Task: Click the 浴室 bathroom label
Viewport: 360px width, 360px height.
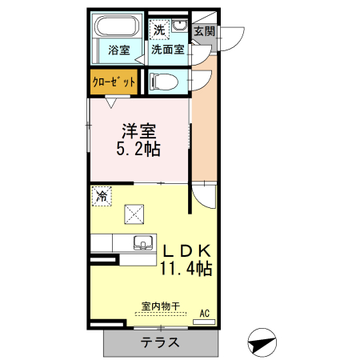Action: pyautogui.click(x=120, y=49)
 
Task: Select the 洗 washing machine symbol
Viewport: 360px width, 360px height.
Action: pyautogui.click(x=159, y=30)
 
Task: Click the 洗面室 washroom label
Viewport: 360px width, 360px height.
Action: pyautogui.click(x=168, y=49)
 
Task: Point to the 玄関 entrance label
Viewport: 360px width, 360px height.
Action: pyautogui.click(x=204, y=32)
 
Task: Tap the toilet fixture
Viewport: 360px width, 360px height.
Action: pyautogui.click(x=162, y=80)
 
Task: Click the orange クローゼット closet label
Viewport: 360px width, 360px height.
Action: pyautogui.click(x=113, y=82)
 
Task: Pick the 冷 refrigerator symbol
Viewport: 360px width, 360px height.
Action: pyautogui.click(x=102, y=194)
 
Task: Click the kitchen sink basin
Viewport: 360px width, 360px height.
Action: pyautogui.click(x=144, y=242)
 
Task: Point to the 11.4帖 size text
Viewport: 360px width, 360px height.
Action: pyautogui.click(x=186, y=268)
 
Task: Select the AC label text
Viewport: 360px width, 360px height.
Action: pyautogui.click(x=204, y=313)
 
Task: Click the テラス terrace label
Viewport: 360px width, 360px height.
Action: pyautogui.click(x=160, y=342)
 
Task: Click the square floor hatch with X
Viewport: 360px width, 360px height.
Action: pyautogui.click(x=133, y=214)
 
